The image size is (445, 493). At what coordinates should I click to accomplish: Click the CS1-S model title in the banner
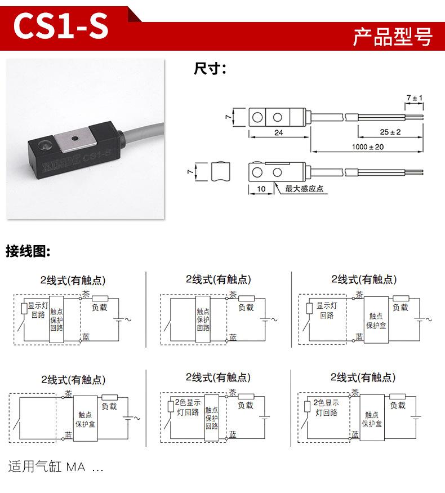click(61, 26)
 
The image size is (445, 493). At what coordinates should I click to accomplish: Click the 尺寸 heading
click(210, 69)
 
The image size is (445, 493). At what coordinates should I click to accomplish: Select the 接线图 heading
click(28, 251)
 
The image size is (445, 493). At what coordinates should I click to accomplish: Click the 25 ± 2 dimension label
click(390, 132)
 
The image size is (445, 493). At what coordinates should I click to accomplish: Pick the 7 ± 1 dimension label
click(415, 99)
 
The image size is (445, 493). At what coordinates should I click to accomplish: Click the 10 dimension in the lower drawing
click(261, 189)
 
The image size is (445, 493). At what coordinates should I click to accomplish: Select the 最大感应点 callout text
click(304, 189)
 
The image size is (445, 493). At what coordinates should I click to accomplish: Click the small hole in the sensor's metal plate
click(75, 137)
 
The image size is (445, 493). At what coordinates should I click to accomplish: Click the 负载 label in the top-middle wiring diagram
click(246, 308)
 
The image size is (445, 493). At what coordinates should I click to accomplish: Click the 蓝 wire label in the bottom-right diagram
click(355, 434)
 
